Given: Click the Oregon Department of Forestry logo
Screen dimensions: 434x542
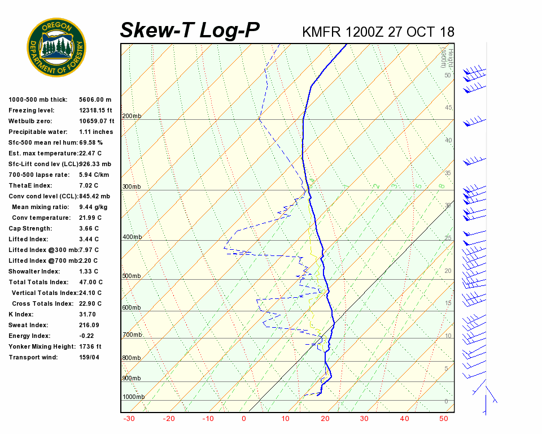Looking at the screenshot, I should pos(56,47).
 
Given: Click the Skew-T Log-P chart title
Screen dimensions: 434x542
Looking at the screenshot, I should pos(190,31).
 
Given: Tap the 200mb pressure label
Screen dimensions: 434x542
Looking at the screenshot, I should pos(132,116).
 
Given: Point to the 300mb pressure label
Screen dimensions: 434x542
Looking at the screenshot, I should pos(132,186).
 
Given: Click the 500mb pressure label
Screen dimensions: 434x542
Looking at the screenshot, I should pos(132,276).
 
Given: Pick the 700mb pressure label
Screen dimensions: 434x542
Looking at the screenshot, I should pos(132,335).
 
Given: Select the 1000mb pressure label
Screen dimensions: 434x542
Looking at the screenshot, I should pos(133,397).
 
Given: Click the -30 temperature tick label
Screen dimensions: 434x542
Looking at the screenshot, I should pos(128,419).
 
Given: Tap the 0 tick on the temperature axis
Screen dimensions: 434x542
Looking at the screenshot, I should pos(244,419).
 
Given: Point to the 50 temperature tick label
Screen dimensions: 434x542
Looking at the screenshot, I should pos(444,419).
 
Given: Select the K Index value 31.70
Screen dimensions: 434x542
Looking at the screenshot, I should pos(87,314).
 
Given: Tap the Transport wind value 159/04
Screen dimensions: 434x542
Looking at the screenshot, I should pos(89,357).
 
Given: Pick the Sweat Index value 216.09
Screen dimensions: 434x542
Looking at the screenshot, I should pos(89,325).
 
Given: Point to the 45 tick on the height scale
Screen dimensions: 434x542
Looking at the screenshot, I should pos(448,107).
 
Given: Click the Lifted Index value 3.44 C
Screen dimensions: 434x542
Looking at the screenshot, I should pos(89,239).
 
